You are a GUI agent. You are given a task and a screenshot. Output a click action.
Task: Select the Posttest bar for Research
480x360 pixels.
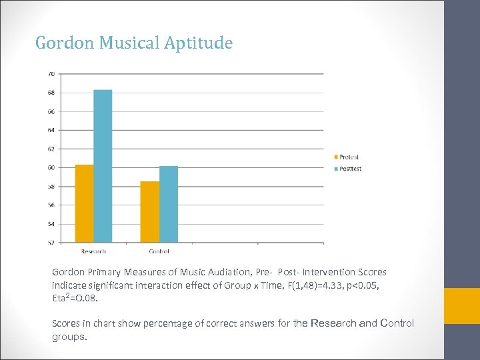[103, 166]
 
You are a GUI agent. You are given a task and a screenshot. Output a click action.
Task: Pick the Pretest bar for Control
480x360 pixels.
[150, 211]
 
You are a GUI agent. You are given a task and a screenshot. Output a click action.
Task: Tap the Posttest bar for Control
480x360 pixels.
[169, 204]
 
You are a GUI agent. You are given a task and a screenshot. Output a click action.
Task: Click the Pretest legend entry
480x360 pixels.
[348, 157]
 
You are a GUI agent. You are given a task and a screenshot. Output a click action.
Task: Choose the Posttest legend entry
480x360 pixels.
[349, 169]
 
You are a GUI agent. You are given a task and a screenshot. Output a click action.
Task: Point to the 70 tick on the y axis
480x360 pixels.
[51, 73]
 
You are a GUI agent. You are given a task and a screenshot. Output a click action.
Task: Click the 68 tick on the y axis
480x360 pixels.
[51, 92]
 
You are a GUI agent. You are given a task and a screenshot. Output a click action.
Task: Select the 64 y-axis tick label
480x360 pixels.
[51, 129]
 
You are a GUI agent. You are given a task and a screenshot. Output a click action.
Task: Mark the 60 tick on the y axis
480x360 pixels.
[51, 167]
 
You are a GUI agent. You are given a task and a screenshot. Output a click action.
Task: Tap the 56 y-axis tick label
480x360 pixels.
[51, 205]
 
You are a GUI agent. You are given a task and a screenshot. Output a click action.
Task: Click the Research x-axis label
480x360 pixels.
[93, 251]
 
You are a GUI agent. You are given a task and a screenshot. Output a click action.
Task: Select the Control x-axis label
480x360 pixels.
[159, 251]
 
